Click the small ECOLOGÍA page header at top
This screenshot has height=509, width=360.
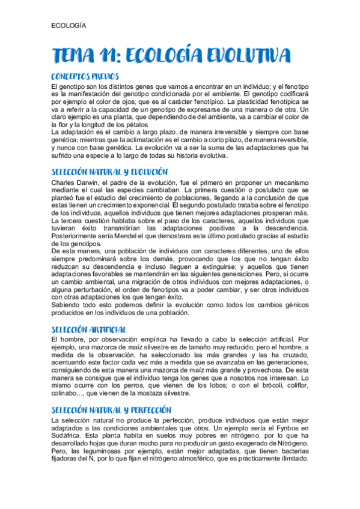pos(69,26)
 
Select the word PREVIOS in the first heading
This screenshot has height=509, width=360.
pos(110,77)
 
